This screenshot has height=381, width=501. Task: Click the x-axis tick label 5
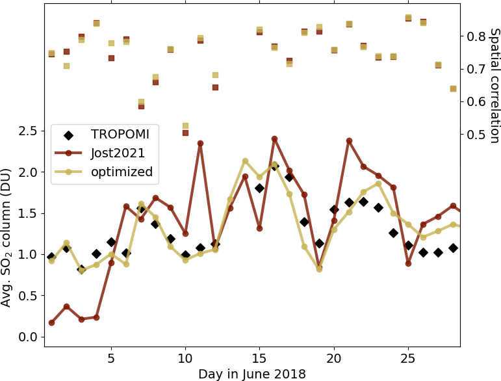pos(111,358)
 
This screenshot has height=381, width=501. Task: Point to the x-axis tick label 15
pos(259,358)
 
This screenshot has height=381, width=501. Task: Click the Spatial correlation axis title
pos(494,85)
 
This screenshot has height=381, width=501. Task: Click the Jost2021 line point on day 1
pos(51,322)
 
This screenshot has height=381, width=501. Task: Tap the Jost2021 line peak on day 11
pos(200,143)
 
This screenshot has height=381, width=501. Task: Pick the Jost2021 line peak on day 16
pos(274,138)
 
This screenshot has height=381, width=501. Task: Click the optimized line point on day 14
pos(245,161)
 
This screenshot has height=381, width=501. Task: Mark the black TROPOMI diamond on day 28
pos(453,248)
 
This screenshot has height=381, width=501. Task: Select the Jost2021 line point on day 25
pos(408,263)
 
